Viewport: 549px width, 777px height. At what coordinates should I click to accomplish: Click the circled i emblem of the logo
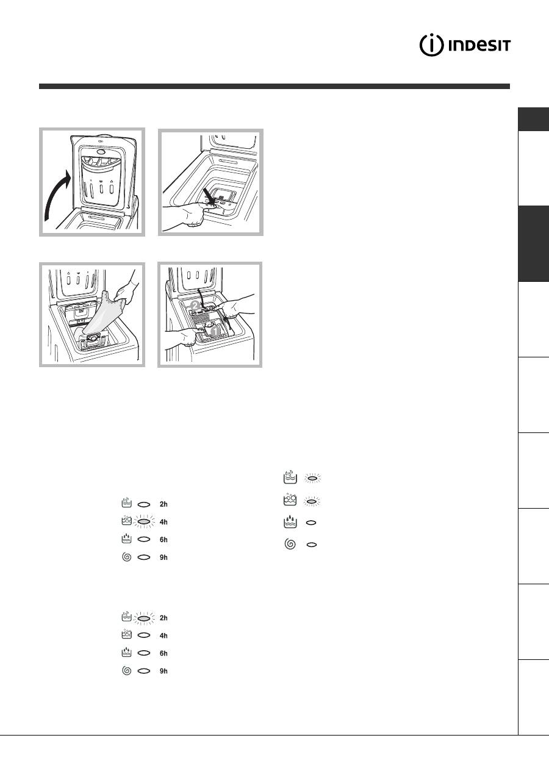point(431,46)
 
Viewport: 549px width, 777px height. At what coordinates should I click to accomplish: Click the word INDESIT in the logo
point(479,46)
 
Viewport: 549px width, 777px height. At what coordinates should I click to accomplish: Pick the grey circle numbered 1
point(215,331)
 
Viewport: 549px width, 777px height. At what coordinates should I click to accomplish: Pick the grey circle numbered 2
point(195,306)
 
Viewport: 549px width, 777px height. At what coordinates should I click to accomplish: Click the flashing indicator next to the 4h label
point(144,521)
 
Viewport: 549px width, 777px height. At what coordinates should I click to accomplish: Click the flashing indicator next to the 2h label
point(144,618)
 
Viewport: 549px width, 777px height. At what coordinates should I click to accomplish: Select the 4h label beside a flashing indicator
point(163,521)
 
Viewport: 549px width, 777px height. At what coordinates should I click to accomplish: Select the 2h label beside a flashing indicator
point(163,618)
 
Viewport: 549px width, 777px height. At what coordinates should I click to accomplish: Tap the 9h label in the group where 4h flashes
point(163,557)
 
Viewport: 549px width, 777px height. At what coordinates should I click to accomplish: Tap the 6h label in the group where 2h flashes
point(163,653)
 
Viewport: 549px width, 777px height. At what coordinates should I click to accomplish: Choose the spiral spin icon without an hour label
point(290,544)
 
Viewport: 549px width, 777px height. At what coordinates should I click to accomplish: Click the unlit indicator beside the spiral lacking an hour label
point(312,545)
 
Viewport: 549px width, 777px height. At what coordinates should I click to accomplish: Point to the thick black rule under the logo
point(274,87)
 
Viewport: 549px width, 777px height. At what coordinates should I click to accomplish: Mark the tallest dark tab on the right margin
point(533,243)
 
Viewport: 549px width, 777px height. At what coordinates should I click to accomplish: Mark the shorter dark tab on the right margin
point(533,119)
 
